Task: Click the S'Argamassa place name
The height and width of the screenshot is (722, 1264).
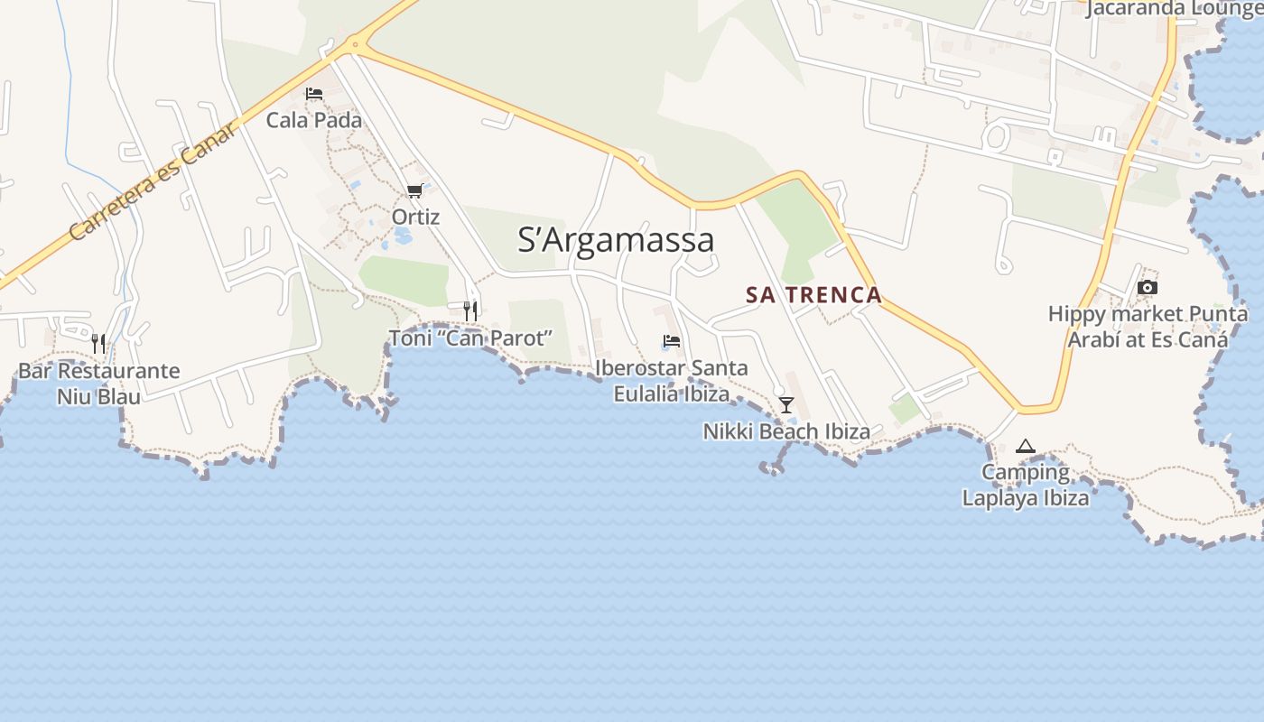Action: coord(616,240)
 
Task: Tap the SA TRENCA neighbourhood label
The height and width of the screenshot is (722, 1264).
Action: coord(813,295)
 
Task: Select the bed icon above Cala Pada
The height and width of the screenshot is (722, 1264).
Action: coord(314,94)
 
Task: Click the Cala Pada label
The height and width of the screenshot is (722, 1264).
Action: coord(313,120)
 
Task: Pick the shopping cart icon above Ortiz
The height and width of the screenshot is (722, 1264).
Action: coord(414,190)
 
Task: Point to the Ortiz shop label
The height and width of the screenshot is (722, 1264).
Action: coord(415,218)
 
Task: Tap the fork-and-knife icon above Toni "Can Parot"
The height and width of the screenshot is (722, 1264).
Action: coord(469,311)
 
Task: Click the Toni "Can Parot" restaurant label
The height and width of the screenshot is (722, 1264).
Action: coord(469,338)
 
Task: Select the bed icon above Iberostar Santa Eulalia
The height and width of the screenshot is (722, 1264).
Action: coord(671,341)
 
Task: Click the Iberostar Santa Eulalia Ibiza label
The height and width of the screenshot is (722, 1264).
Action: coord(671,381)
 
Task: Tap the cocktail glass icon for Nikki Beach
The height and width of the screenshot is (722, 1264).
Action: coord(786,404)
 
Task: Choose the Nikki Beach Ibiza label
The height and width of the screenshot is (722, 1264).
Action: coord(786,431)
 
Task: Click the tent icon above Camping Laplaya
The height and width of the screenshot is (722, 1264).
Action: coord(1025,446)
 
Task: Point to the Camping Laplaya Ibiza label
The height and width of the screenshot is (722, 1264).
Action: coord(1025,485)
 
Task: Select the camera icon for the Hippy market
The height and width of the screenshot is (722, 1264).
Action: coord(1148,288)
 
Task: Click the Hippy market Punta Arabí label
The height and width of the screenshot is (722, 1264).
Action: coord(1148,327)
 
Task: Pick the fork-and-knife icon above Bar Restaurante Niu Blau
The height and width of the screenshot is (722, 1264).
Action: coord(98,344)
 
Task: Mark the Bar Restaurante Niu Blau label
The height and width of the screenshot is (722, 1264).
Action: coord(98,384)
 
